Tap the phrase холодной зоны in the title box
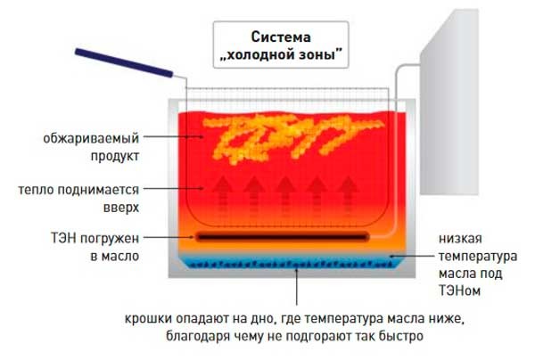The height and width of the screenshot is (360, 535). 281,54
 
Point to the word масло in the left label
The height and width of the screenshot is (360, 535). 122,255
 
